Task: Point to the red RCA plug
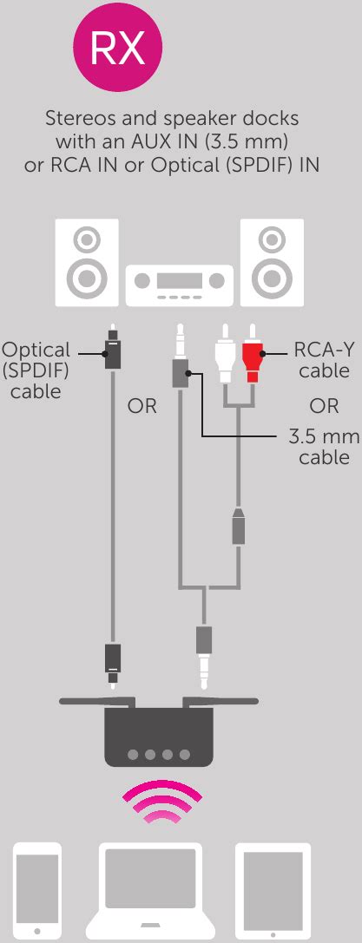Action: coord(253,356)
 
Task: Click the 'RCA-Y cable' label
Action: coord(322,360)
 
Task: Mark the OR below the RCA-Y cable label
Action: coord(324,405)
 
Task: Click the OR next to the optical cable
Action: coord(142,405)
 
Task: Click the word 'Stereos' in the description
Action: coord(81,116)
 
